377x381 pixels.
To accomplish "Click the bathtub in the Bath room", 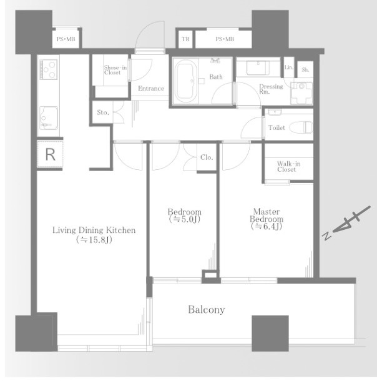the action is pos(186,81).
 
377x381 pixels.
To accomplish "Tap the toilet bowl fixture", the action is pos(301,127).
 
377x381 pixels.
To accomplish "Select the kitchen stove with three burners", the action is pos(49,70).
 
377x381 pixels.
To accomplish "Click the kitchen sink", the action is pos(49,118).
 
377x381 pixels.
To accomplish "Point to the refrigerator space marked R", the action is pos(51,154).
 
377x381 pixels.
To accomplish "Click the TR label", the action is pos(186,39).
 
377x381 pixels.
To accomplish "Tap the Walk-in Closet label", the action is pos(288,167).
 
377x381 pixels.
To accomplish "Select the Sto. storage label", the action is pos(103,112).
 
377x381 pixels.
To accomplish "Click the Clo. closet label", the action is pos(207,157).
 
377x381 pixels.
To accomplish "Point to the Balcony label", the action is pos(207,310).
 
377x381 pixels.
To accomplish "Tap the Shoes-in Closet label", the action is pos(115,70).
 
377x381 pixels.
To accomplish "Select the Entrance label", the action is pos(151,88).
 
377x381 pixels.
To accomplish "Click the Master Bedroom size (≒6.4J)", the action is pos(267,227).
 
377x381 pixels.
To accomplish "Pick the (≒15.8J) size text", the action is pos(94,240).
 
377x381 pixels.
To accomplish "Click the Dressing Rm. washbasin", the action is pos(258,68).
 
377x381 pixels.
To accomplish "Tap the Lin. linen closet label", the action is pos(289,67).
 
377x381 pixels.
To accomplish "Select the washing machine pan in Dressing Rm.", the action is pos(301,93).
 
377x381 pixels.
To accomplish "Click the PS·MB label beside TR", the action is pos(225,39).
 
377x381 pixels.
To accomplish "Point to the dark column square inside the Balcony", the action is pos(270,334).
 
